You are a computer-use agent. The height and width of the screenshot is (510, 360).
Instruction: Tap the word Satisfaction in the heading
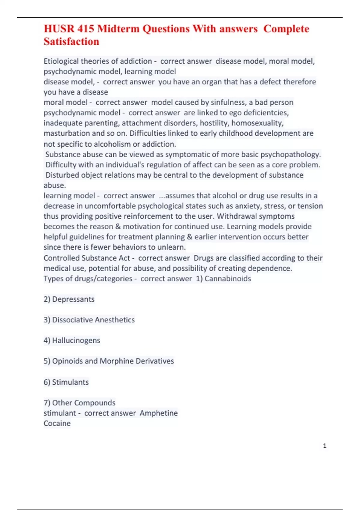click(71, 41)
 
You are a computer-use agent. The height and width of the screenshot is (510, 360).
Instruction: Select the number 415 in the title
click(85, 29)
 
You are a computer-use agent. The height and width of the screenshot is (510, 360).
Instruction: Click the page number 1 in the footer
click(325, 446)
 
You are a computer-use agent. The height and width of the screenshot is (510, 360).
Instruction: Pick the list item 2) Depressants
click(69, 299)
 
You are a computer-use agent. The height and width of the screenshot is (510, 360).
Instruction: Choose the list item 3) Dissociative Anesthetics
click(89, 320)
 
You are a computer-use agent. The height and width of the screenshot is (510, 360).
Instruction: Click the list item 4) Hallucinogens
click(72, 340)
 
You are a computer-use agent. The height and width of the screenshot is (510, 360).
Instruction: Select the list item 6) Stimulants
click(66, 382)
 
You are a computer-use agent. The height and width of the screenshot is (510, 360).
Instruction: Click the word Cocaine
click(57, 423)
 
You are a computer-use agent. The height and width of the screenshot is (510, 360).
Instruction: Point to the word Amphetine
click(159, 413)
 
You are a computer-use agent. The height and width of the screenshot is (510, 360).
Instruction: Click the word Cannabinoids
click(228, 279)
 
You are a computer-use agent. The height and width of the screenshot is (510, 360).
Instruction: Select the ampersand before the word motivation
click(118, 226)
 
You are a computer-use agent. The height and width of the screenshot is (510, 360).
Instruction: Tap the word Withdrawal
click(235, 216)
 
